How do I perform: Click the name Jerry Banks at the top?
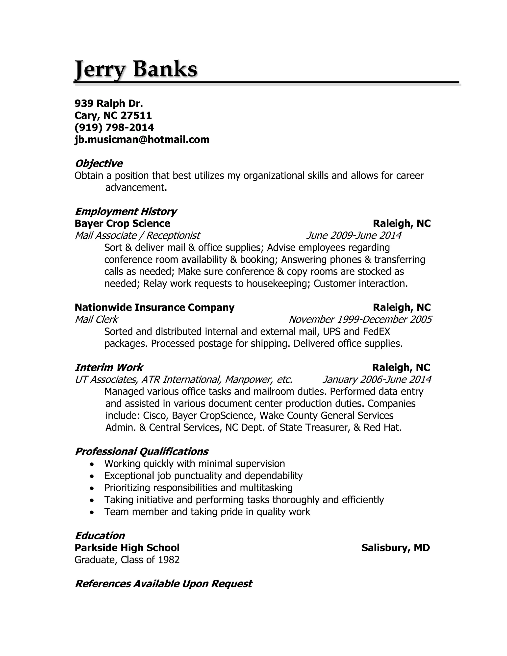(136, 69)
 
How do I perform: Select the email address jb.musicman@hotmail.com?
(142, 140)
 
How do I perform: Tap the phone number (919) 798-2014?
(114, 128)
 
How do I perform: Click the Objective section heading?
(99, 164)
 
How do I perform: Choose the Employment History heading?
(126, 212)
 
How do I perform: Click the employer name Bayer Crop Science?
(122, 224)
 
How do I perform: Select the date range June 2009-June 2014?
(354, 236)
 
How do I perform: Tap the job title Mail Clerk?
(96, 320)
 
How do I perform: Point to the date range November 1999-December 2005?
(360, 320)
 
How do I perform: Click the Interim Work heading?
(109, 368)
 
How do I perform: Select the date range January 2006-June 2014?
(377, 380)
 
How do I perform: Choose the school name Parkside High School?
(127, 548)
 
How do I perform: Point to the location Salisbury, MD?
(396, 548)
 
